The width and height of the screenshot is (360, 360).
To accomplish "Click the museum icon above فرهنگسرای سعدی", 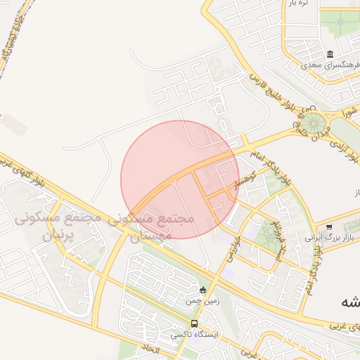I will (x=330, y=55).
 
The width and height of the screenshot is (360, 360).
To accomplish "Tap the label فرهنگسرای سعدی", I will (x=326, y=65).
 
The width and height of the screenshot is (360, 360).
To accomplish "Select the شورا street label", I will (x=350, y=111).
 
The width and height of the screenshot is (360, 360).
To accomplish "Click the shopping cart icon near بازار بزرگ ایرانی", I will (x=329, y=227).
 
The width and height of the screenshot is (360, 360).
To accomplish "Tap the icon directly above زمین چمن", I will (x=202, y=289).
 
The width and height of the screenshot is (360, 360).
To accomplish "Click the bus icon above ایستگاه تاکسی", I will (x=194, y=323).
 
